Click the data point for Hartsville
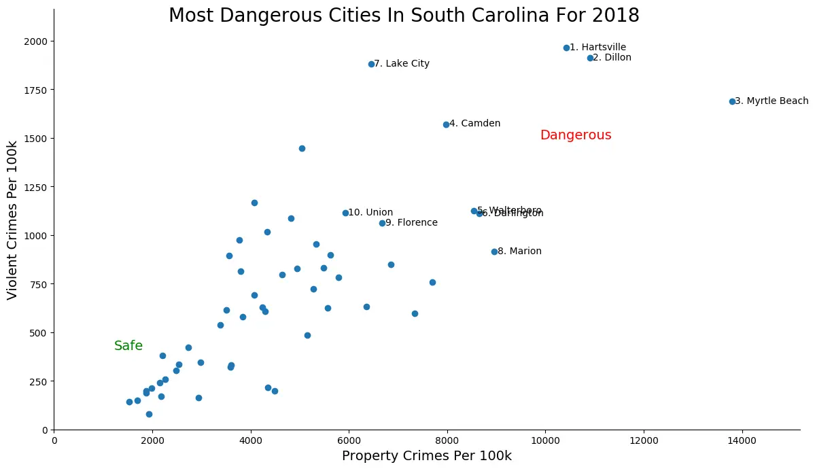(x=566, y=48)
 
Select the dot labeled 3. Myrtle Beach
(x=732, y=101)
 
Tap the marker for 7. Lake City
(x=371, y=64)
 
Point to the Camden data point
(x=446, y=124)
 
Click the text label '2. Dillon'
(x=612, y=58)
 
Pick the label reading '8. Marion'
(x=519, y=251)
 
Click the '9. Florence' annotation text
(x=411, y=223)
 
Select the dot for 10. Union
(x=345, y=213)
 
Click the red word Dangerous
(x=576, y=135)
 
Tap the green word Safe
(x=128, y=346)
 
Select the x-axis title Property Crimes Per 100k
(x=426, y=456)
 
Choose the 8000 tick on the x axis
(x=447, y=440)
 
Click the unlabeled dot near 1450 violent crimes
(x=302, y=148)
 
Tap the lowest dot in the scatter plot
(x=149, y=414)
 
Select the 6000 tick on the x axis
(x=349, y=440)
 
